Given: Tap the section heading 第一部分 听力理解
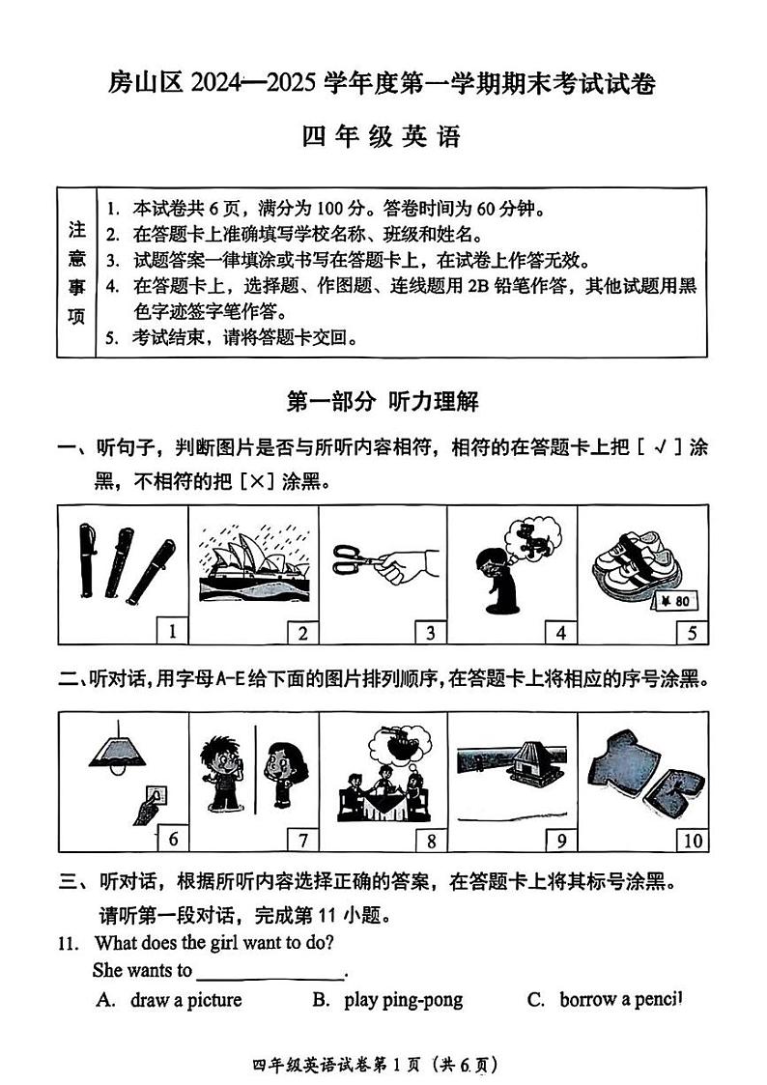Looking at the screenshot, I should (383, 400).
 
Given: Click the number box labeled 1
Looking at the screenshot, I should (173, 632).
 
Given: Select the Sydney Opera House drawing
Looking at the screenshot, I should (254, 565).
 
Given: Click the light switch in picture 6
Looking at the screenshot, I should (152, 798).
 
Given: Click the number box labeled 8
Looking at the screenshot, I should (432, 840).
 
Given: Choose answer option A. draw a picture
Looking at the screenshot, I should (169, 1000).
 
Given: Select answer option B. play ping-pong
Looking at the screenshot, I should (387, 1000).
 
